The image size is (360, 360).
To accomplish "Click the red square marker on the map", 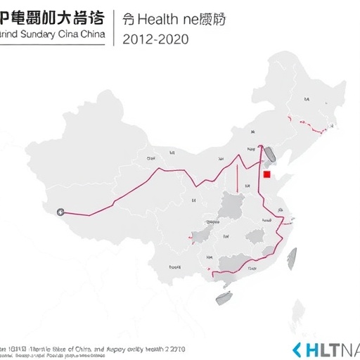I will click(266, 175).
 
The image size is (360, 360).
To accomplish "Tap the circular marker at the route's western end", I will click(60, 211).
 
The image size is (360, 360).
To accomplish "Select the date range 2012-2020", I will click(155, 39).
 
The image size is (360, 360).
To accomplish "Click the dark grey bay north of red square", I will click(268, 155).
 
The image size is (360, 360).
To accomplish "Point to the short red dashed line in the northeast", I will click(310, 126).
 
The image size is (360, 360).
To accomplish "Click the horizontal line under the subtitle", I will click(53, 45).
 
